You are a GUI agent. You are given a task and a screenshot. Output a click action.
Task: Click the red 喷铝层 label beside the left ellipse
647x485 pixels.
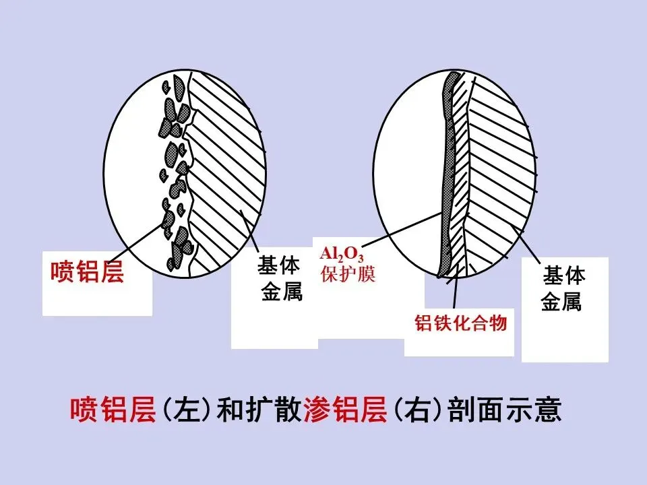[x=88, y=272]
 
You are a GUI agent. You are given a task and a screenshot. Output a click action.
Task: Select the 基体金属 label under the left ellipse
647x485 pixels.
[x=278, y=279]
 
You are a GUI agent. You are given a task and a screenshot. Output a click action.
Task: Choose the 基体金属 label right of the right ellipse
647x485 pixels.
[x=564, y=290]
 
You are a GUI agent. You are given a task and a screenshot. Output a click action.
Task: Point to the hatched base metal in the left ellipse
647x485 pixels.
[x=222, y=168]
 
